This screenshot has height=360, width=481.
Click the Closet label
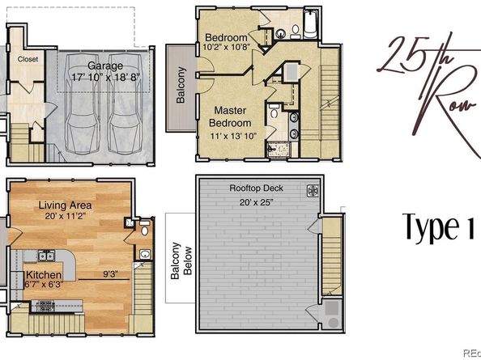28,59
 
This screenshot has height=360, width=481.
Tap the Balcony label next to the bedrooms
181,86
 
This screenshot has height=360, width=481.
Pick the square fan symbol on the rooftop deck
310,191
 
